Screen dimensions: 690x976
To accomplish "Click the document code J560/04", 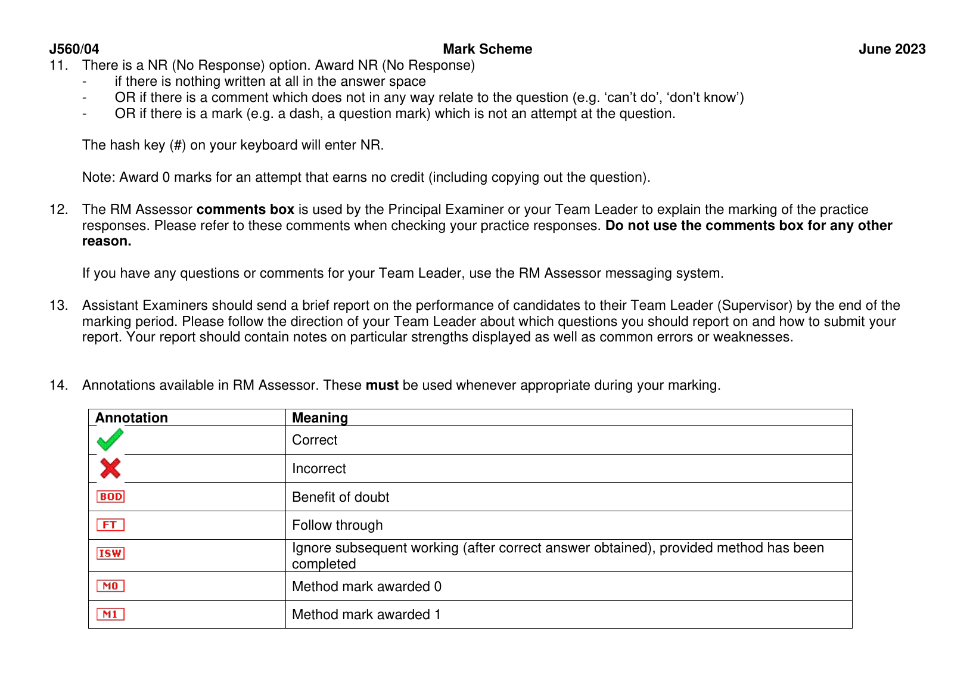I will pos(74,49).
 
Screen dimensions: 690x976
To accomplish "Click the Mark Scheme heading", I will pos(487,49).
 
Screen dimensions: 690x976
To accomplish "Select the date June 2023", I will pos(892,49).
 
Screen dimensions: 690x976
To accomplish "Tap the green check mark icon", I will pos(110,440).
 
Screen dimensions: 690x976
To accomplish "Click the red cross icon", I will pos(110,468).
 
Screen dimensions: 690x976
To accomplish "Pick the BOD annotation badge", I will pos(111,496).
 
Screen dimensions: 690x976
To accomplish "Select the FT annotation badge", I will pos(110,525).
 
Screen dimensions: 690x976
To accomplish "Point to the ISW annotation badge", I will pos(110,554).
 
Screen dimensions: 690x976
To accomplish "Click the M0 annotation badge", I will pos(110,586).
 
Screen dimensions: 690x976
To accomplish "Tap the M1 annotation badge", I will pos(110,614).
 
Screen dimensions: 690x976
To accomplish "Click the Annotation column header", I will pos(132,418).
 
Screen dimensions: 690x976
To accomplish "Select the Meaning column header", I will pos(320,418).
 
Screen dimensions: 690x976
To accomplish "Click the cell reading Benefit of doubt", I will pos(340,497).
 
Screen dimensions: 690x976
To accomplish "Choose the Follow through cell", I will pos(337,525).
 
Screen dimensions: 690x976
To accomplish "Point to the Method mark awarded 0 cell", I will pos(366,586).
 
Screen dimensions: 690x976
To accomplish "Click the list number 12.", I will pos(58,209).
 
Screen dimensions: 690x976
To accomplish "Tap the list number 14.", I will pos(58,385).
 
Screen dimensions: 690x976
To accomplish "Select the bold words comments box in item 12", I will pos(245,209).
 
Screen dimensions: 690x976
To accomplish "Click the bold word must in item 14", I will pos(382,385).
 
